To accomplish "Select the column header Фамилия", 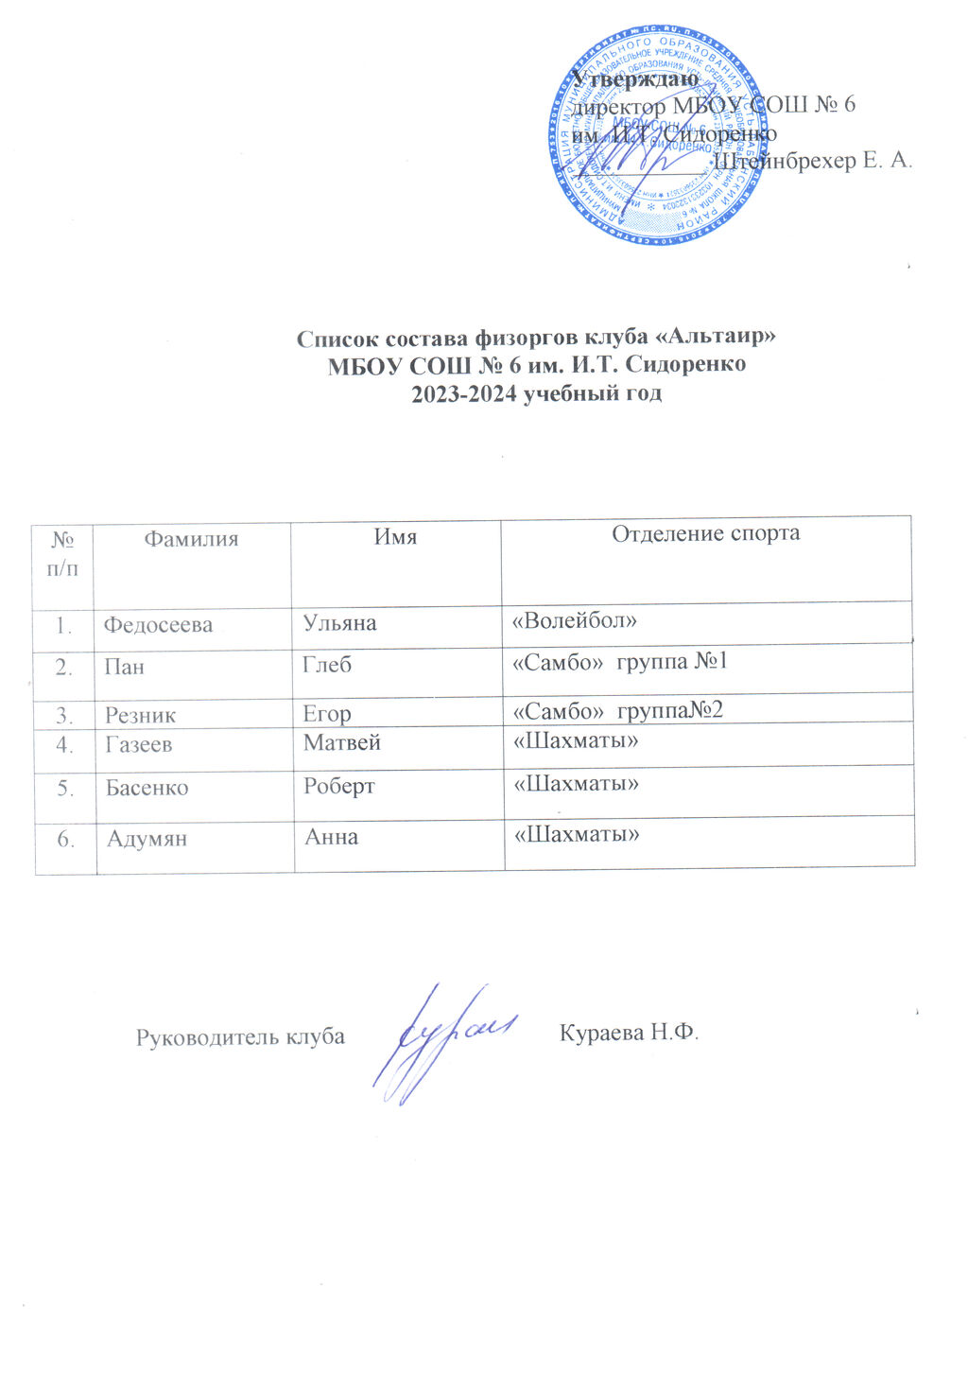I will pos(191,539).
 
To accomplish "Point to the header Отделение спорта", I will pos(705,533).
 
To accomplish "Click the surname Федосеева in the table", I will pos(158,625).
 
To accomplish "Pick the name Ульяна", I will pos(339,623).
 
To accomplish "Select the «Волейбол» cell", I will pos(574,620).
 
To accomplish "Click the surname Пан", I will pos(124,667).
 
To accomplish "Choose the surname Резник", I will pos(140,716).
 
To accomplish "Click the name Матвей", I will pos(341,743).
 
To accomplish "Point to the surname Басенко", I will pos(147,788).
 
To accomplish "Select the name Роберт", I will pos(338,786).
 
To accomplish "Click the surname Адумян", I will pos(147,839).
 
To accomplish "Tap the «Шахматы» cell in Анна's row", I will pos(576,835).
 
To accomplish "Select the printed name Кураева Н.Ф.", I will pos(629,1033).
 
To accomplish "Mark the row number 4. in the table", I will pos(64,745).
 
